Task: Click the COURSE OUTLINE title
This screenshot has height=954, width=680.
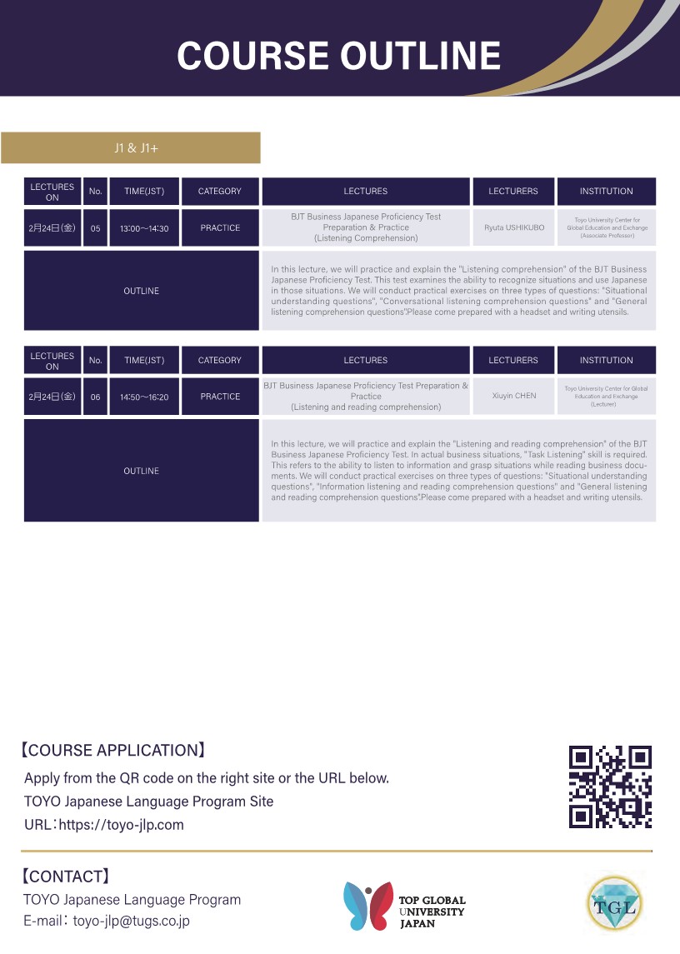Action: [x=338, y=56]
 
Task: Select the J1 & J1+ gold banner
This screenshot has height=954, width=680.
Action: [x=131, y=148]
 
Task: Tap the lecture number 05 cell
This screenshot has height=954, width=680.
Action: [x=95, y=228]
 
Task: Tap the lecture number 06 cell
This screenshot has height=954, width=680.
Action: [x=95, y=397]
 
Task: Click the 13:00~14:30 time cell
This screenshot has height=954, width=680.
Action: [x=144, y=228]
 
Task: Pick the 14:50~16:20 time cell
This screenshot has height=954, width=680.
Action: [x=144, y=397]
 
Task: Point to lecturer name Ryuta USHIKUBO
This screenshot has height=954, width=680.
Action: [x=513, y=227]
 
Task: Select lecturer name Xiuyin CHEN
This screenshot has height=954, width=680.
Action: [x=513, y=396]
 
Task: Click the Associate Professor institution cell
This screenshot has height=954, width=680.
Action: [x=606, y=227]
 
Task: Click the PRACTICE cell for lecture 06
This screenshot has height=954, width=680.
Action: [x=220, y=397]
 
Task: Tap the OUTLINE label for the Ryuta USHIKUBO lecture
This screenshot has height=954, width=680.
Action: [x=141, y=291]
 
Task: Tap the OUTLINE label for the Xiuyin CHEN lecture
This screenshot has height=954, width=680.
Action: [x=141, y=471]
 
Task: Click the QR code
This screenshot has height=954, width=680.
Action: [x=609, y=787]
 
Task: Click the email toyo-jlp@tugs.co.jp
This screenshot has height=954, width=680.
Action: [x=132, y=921]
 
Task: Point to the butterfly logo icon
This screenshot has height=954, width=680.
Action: [x=367, y=905]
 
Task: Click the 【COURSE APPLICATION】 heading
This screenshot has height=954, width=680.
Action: [x=112, y=750]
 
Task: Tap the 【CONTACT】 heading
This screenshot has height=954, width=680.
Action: [x=65, y=876]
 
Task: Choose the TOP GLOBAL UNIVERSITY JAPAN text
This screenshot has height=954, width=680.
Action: [x=432, y=912]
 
